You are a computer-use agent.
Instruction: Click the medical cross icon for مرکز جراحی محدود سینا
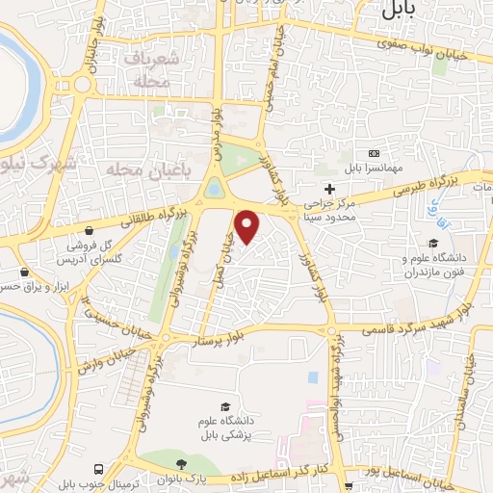[x=330, y=188]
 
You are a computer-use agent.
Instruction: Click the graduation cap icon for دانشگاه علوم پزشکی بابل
[x=225, y=406]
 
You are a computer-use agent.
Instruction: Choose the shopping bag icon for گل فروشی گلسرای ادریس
[x=89, y=232]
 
